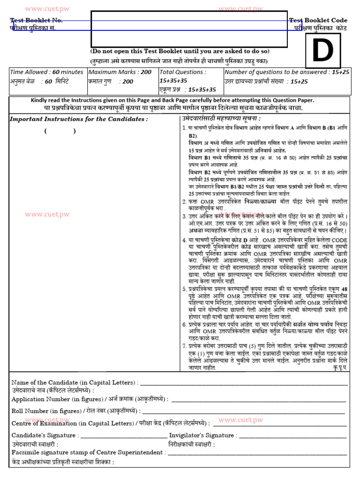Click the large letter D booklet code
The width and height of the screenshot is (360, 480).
tap(322, 51)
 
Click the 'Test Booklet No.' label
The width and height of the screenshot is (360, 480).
tap(37, 21)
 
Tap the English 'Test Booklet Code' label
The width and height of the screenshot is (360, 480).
tap(318, 20)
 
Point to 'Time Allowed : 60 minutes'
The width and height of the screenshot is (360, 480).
tap(46, 72)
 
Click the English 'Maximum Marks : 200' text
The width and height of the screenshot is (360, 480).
tap(120, 72)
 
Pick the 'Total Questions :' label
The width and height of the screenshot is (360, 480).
tap(183, 72)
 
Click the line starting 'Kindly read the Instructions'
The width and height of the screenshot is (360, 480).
tap(172, 100)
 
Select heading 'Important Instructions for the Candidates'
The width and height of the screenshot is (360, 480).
tap(79, 119)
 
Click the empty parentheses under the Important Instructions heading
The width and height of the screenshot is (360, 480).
tap(60, 131)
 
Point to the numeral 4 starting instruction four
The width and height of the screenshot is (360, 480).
tap(184, 240)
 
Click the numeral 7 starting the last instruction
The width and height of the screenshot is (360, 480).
tap(184, 345)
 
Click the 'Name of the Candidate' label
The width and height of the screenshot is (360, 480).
tap(74, 382)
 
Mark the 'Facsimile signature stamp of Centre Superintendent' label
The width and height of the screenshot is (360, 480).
tap(88, 452)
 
